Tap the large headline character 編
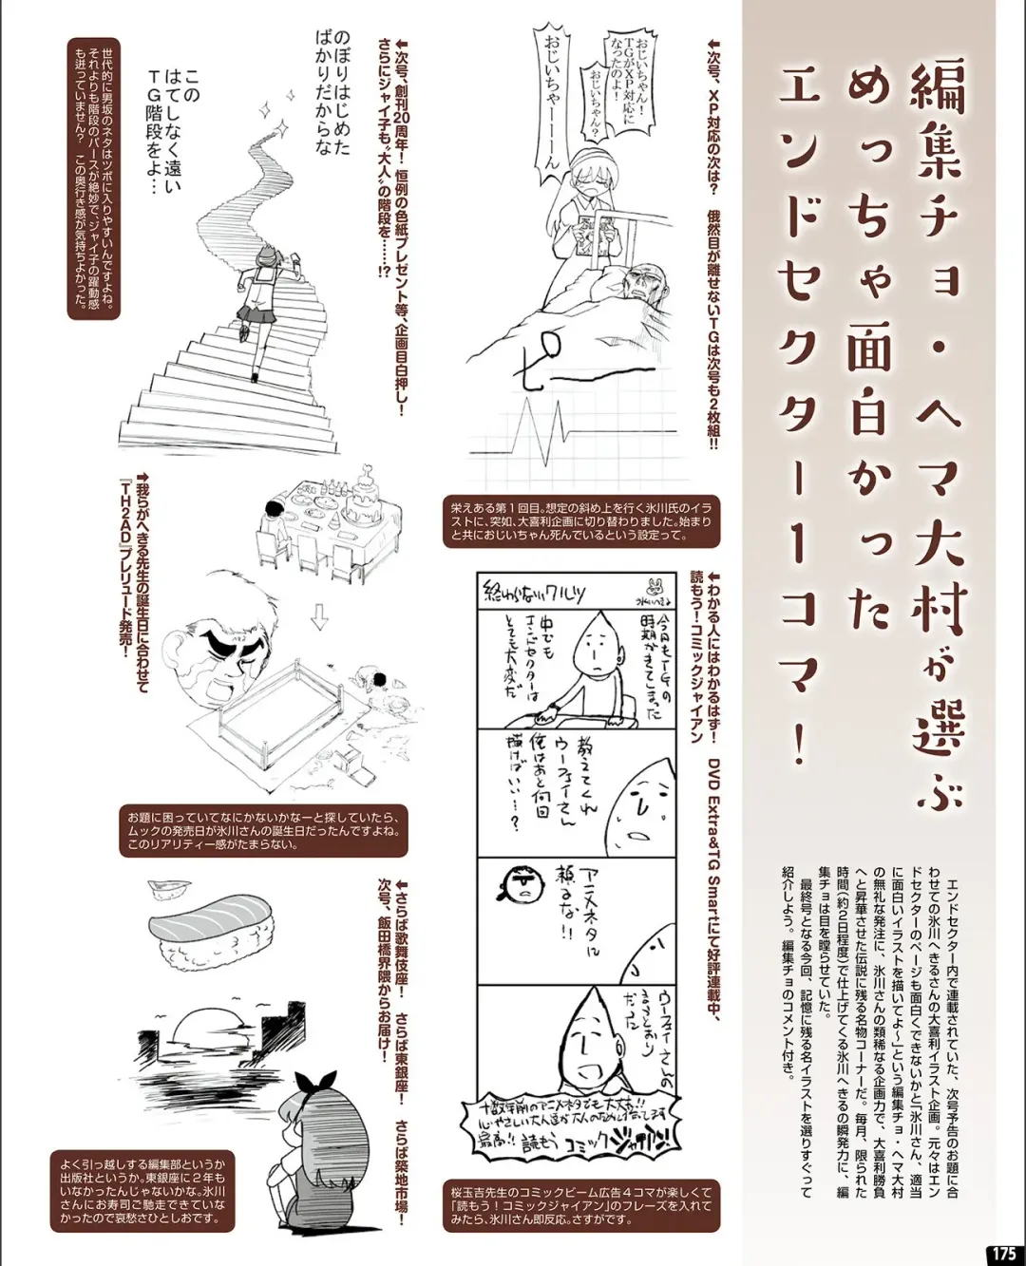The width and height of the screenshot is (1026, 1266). pos(937,96)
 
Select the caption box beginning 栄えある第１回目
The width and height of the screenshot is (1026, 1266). pos(580,521)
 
